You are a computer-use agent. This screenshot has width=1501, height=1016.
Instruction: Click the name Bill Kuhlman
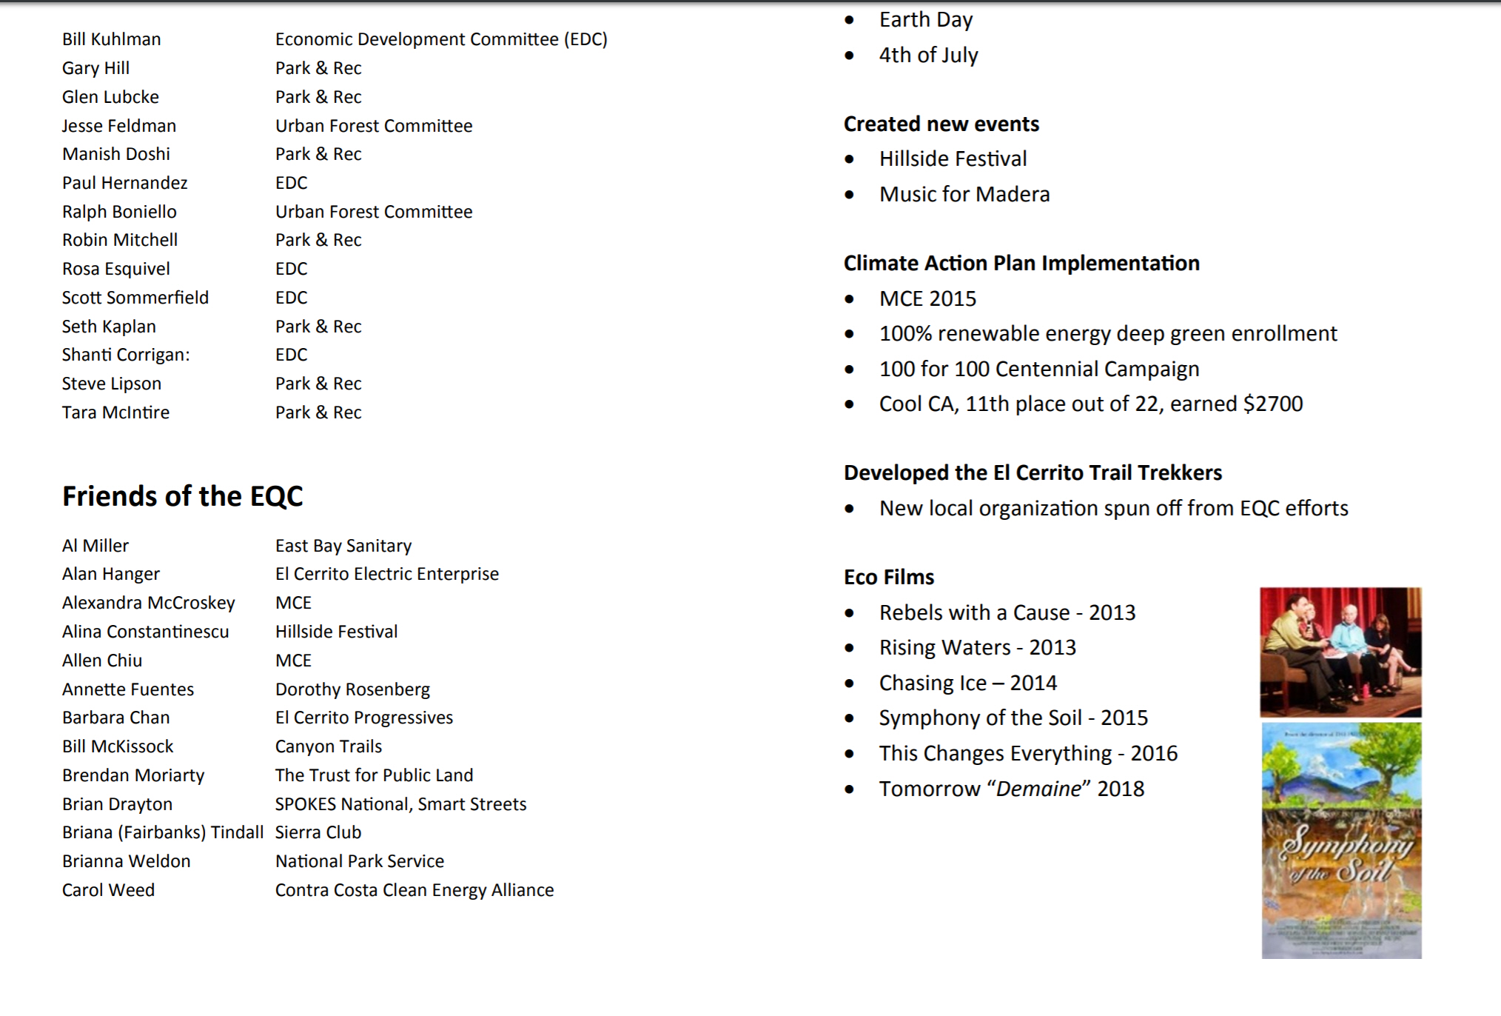pos(111,39)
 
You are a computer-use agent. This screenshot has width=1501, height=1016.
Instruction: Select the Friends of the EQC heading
pos(182,496)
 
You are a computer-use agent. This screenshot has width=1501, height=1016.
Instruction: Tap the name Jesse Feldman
pos(118,126)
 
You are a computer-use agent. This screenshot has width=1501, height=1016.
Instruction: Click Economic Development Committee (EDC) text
pos(441,39)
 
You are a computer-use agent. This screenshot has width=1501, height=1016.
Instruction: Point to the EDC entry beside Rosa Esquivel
pos(291,269)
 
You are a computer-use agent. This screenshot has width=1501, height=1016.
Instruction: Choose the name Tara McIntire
pos(115,412)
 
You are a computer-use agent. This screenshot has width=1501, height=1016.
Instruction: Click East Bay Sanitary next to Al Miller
pos(343,546)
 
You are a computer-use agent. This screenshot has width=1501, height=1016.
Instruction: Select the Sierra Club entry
pos(318,832)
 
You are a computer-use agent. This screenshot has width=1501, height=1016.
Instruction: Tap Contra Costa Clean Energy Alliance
pos(414,890)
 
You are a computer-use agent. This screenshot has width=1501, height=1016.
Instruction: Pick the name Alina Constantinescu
pos(145,632)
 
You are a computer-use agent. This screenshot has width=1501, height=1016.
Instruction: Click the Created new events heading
pos(941,124)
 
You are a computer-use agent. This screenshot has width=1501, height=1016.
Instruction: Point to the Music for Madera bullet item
pos(964,194)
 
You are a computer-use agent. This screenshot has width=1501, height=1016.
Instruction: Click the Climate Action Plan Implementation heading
pos(1021,263)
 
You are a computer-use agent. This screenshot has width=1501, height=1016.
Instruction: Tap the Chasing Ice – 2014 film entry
pos(967,683)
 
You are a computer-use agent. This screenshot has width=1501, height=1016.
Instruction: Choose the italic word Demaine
pos(1038,789)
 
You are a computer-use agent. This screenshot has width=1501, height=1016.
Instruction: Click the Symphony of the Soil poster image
pos(1341,840)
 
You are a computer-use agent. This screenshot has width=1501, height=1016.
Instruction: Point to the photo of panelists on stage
pos(1340,652)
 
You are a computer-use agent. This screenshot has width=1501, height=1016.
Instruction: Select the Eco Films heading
pos(889,577)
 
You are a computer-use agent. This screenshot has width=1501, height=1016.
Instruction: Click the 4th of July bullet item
pos(928,55)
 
